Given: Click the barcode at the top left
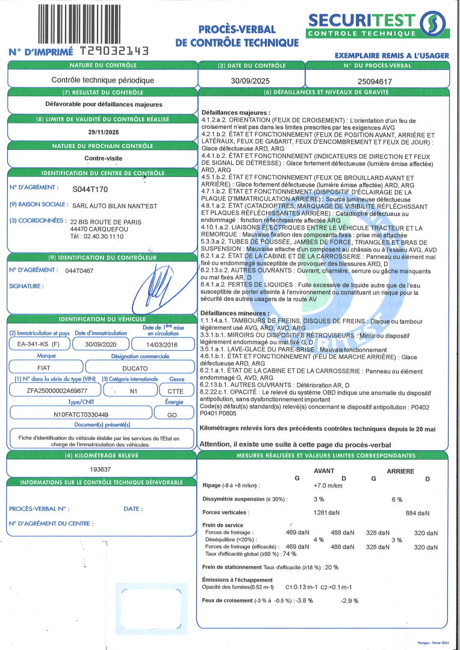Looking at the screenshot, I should pos(92,22).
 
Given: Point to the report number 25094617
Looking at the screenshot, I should pos(375,81).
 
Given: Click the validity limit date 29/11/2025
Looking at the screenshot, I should pos(102,132).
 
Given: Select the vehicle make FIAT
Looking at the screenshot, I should pos(40,367).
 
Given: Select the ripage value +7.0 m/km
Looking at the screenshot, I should pos(328,486).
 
